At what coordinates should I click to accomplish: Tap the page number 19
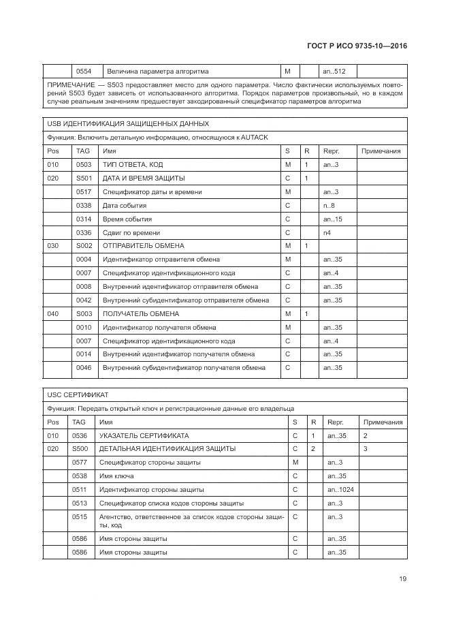coord(402,579)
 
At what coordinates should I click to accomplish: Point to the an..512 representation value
coord(334,71)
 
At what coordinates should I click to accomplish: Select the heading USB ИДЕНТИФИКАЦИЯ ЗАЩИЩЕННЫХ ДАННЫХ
coord(128,124)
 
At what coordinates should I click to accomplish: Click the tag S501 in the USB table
coord(84,178)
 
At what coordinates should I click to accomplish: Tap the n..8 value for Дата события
coord(328,206)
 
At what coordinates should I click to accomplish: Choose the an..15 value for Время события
coord(332,219)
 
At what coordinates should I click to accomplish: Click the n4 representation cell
coord(327,233)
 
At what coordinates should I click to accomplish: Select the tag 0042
coord(83,300)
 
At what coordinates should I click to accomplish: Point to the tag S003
coord(84,314)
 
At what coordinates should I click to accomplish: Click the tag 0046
coord(83,368)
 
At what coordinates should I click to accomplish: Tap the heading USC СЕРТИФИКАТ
coord(79,395)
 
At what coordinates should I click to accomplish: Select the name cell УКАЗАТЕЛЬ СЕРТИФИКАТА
coord(144,435)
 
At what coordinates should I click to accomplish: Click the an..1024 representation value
coord(340,490)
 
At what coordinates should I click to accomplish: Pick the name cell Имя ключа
coord(116,476)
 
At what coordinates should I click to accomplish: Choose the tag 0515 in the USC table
coord(80,517)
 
